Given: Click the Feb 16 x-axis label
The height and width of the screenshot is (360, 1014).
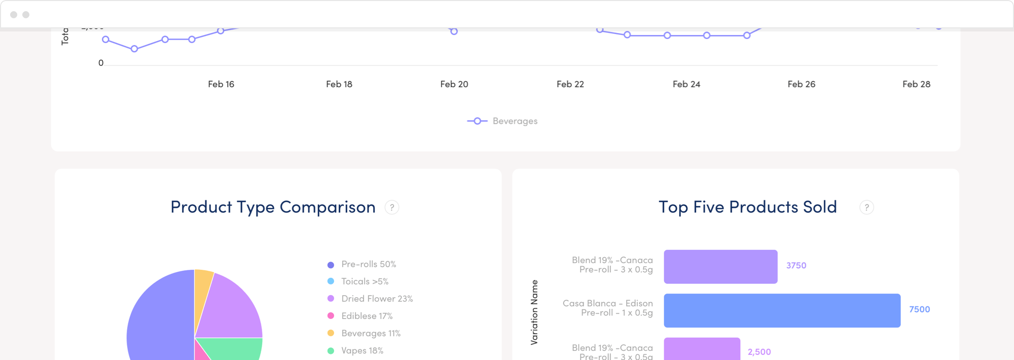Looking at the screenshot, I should pos(221,84).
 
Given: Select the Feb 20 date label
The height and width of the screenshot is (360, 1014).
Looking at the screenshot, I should pos(454,84).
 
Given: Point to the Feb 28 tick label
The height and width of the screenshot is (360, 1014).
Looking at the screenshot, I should pos(916,84).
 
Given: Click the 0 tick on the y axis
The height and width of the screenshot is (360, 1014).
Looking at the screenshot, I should pos(101,63).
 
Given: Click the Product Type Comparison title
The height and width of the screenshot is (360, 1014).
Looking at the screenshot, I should pos(273,207).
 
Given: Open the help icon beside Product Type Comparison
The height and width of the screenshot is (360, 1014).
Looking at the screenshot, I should pos(391,207).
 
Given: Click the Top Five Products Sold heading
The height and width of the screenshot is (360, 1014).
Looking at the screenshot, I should pos(747,207).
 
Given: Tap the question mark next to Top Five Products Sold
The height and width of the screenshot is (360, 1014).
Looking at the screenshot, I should pos(866,207).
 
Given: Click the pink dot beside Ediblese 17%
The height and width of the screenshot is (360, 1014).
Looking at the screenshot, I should pos(331,316).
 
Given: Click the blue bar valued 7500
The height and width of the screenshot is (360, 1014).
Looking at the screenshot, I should pos(782,310).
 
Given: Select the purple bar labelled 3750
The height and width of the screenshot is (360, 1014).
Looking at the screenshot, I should pos(720,267).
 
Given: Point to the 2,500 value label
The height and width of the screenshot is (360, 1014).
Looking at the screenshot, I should pos(759,352).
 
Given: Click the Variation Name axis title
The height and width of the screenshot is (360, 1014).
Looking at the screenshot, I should pos(534,312).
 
